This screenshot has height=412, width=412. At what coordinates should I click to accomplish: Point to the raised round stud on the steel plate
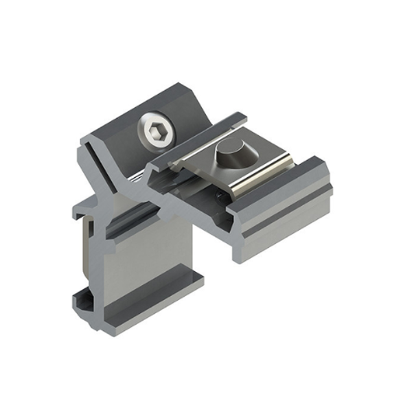(x=230, y=156)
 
